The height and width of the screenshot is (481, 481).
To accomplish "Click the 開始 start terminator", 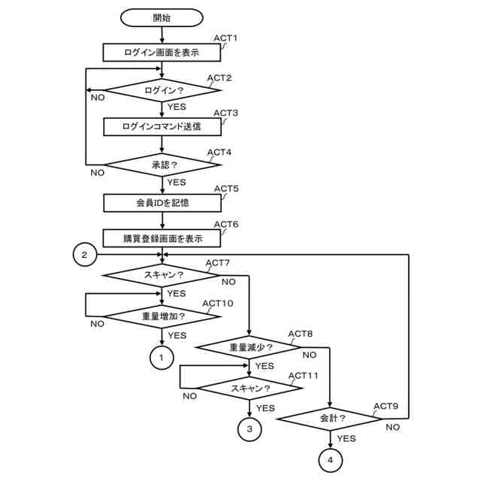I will (x=162, y=17).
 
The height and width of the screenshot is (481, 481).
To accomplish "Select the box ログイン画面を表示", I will (x=162, y=53).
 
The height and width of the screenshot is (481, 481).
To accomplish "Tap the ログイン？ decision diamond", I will (x=162, y=90).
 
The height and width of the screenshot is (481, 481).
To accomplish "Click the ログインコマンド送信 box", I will (x=162, y=127).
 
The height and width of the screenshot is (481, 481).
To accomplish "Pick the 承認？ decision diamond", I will (x=162, y=164).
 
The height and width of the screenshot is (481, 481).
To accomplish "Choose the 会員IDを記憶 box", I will (x=162, y=203).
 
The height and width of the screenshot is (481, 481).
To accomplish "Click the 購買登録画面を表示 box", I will (x=162, y=238).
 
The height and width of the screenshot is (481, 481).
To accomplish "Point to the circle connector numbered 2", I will (x=85, y=256).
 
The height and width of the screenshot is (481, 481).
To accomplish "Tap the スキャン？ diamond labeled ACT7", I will (x=162, y=276).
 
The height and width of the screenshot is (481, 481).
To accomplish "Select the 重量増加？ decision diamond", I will (x=162, y=316).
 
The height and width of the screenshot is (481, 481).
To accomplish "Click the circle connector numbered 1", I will (x=162, y=358).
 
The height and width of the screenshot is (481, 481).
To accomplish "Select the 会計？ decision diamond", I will (x=331, y=418).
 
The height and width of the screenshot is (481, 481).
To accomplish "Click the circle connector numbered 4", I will (x=331, y=459).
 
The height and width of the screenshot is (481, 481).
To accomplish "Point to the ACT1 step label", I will (x=225, y=38).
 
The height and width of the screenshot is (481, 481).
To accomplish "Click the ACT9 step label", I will (x=386, y=407).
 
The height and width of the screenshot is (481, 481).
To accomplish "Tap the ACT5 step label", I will (x=226, y=189).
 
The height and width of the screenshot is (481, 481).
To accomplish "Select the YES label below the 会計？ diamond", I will (x=346, y=438).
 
